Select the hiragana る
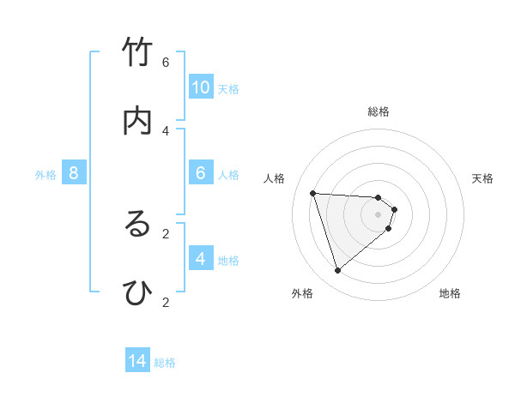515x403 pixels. coord(137,225)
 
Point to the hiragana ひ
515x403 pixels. coord(137,293)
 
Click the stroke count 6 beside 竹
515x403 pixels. coord(166,62)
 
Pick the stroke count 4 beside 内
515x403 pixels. coord(166,130)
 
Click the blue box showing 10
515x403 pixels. coord(201,87)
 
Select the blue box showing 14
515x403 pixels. coord(137,361)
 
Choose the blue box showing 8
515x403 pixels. coord(74,173)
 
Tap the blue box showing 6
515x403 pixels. coord(201,173)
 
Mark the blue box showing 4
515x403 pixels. coord(201,259)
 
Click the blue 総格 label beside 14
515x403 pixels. coord(165,363)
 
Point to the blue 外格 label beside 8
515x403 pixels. coord(45,175)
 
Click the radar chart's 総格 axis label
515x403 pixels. coord(379,111)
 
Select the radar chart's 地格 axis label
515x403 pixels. coord(450,293)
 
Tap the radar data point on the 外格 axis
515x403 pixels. coord(337,271)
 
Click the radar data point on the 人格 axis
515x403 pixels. coord(312,193)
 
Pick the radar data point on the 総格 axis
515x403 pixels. coord(379,198)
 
